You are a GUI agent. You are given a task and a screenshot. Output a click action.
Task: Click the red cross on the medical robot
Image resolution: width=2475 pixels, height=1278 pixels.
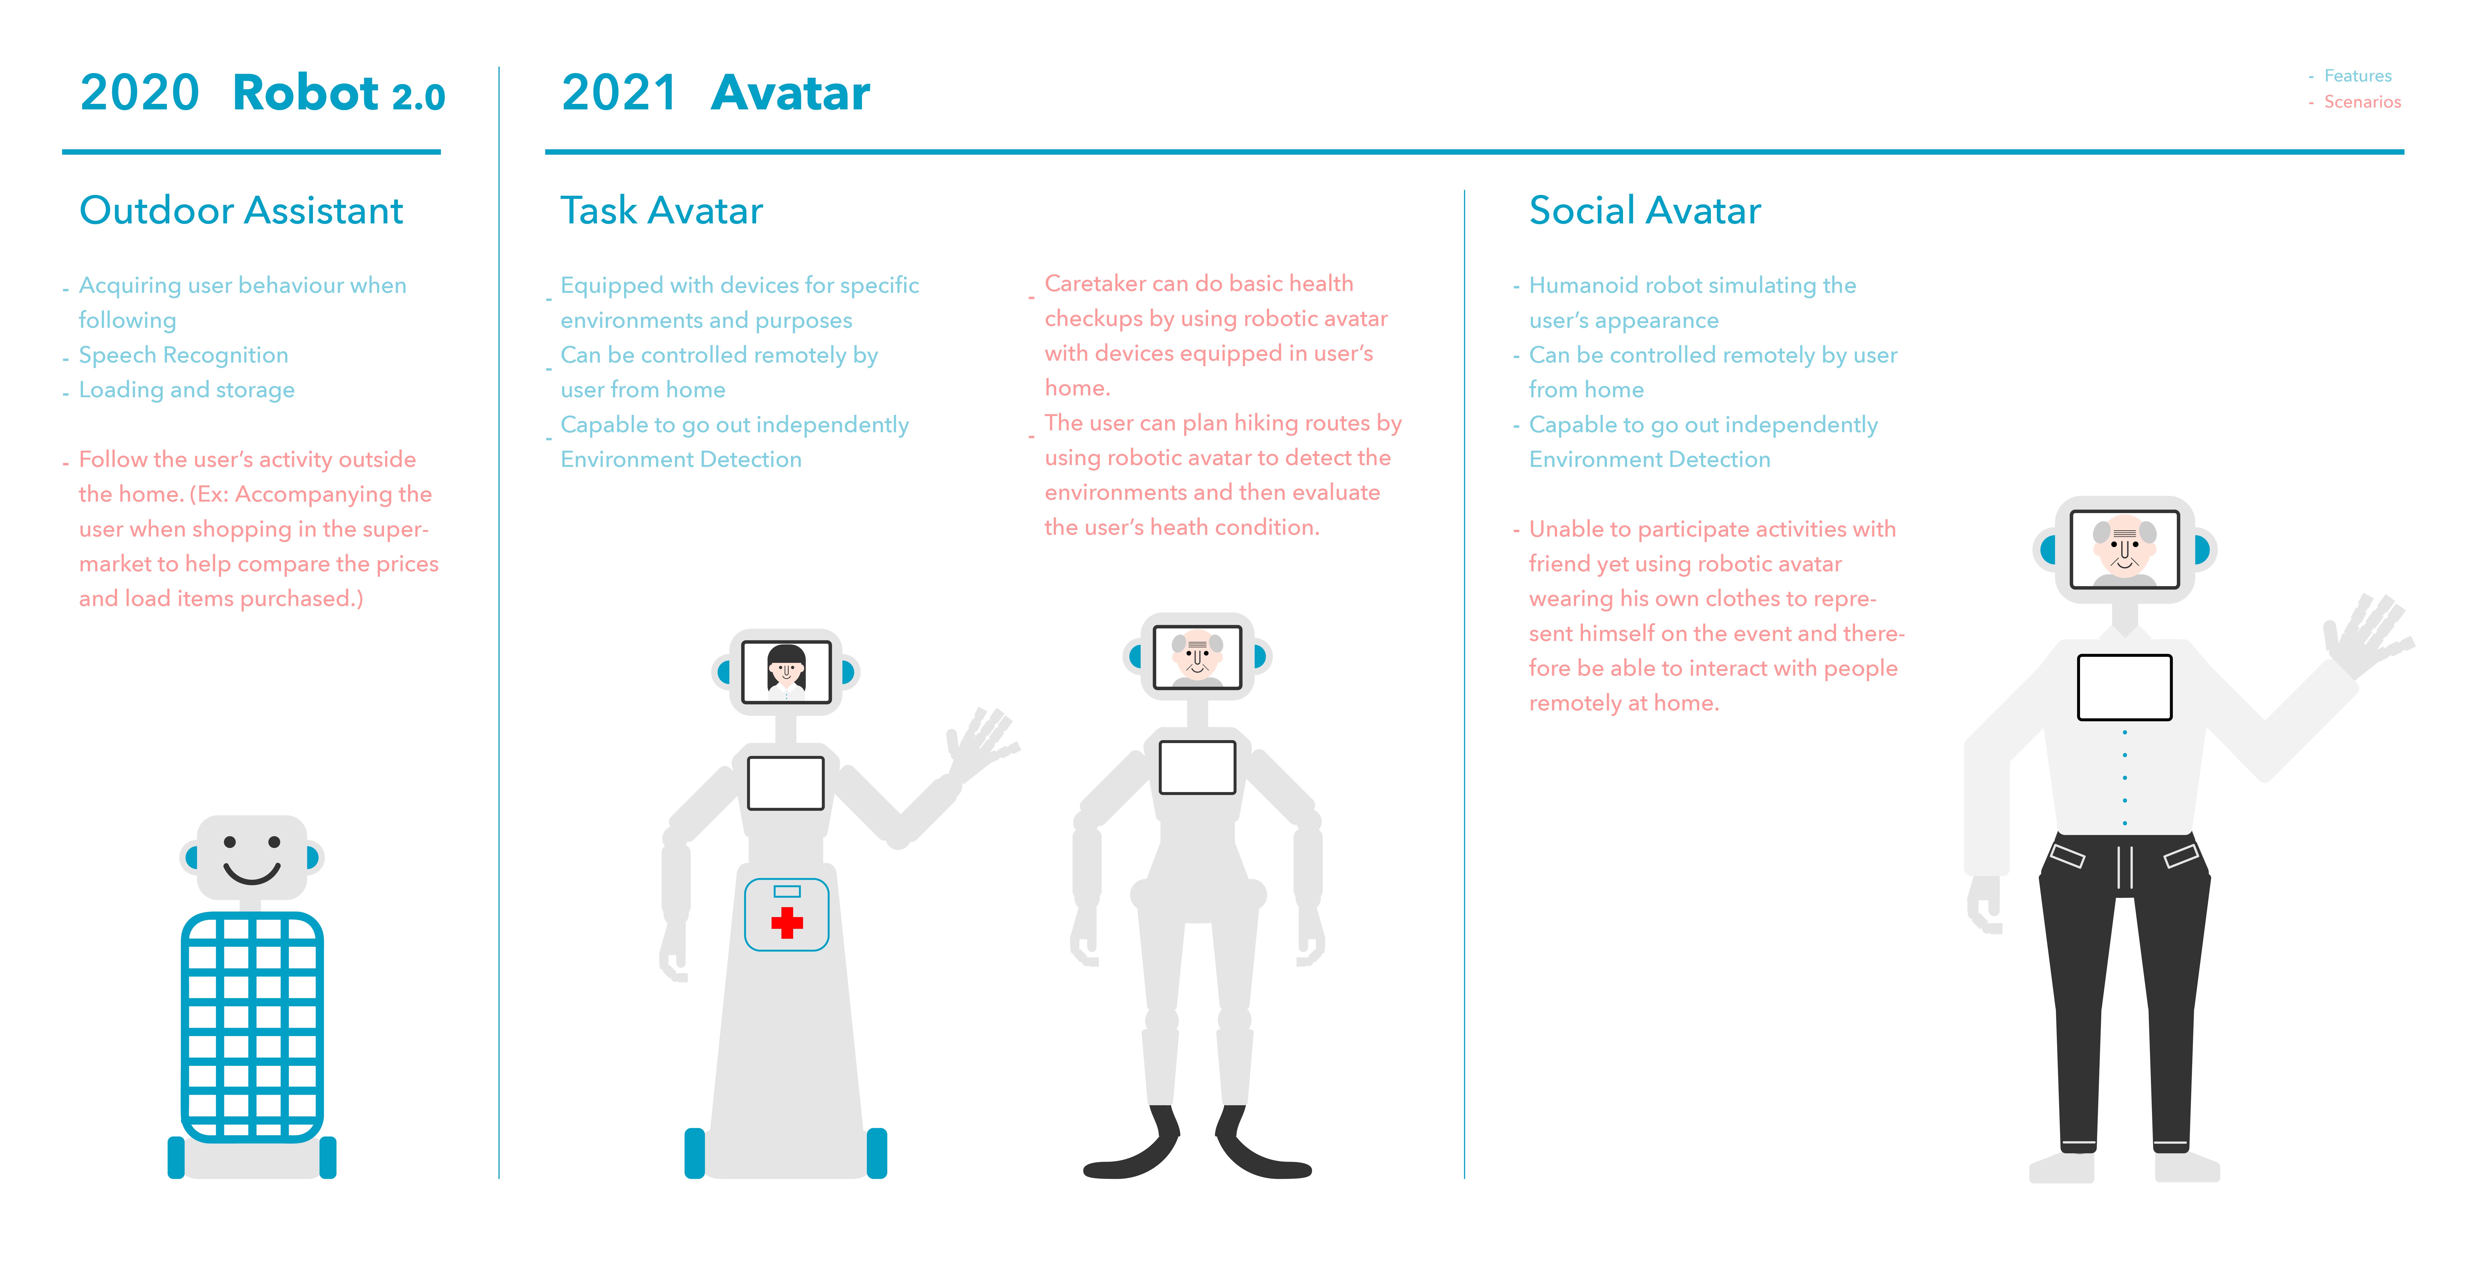point(787,923)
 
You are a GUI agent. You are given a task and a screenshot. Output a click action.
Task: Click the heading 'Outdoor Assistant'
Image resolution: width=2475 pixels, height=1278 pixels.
point(241,210)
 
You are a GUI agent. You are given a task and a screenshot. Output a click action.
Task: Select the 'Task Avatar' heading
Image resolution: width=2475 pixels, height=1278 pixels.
point(661,210)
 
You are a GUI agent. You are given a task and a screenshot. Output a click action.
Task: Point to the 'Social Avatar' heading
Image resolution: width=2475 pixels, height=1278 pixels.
point(1645,210)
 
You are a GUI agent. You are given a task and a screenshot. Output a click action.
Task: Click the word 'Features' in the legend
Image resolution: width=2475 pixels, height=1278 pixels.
point(2358,76)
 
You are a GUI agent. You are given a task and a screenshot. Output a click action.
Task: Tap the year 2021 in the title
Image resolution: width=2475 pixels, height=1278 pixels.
point(620,93)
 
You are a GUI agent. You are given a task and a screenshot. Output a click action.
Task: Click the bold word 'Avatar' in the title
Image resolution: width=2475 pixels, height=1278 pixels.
point(791,93)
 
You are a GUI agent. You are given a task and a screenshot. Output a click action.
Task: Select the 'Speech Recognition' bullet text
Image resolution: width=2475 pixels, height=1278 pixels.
point(183,355)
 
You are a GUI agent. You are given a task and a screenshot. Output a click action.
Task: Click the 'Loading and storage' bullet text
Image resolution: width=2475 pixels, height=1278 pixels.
point(186,390)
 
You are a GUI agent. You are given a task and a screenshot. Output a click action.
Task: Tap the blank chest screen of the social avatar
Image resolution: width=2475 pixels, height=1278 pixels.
point(2124,687)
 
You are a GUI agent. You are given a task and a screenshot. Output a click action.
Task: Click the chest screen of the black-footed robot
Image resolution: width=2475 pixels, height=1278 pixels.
point(1197,767)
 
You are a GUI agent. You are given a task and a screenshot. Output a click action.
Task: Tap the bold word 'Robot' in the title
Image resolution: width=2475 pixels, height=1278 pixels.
point(305,93)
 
